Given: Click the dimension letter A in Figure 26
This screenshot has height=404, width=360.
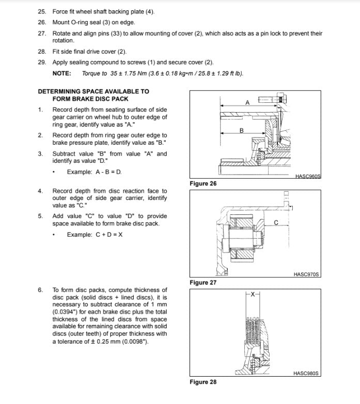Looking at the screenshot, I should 247,102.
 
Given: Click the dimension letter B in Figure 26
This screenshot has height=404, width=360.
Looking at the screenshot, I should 241,130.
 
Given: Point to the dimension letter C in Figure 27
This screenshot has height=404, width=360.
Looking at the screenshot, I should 276,223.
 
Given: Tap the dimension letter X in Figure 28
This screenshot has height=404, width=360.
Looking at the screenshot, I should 252,294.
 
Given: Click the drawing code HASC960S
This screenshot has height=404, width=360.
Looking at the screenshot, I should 308,176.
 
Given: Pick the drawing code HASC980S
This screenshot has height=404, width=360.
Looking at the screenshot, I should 307,373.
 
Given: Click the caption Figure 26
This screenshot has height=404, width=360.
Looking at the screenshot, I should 203,183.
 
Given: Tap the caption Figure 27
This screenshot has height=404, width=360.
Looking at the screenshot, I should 203,283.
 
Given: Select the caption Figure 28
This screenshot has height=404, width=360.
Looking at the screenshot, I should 203,382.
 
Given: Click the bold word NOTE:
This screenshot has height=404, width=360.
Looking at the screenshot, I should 62,73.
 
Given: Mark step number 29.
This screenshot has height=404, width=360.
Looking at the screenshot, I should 42,62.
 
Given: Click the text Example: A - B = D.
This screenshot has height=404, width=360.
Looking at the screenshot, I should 95,172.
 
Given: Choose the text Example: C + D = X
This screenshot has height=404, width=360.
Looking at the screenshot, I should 95,234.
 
